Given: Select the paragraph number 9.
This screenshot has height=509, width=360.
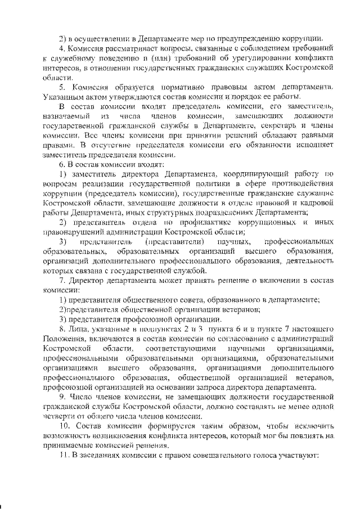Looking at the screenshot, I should [63, 397].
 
